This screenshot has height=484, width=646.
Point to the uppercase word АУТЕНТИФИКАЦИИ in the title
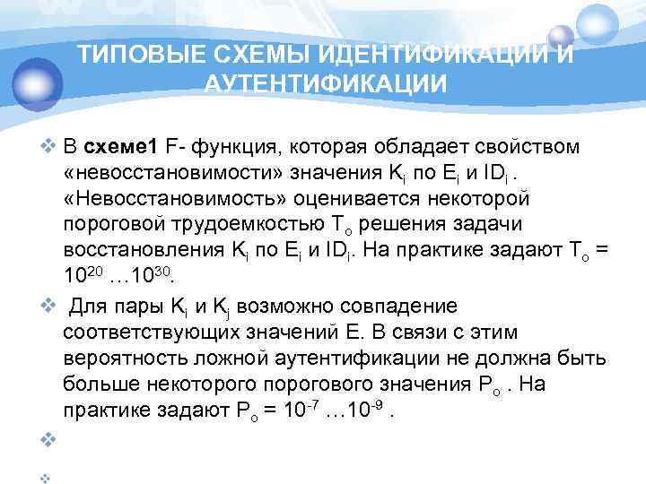pos(326,84)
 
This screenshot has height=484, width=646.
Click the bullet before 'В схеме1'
pos(48,146)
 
